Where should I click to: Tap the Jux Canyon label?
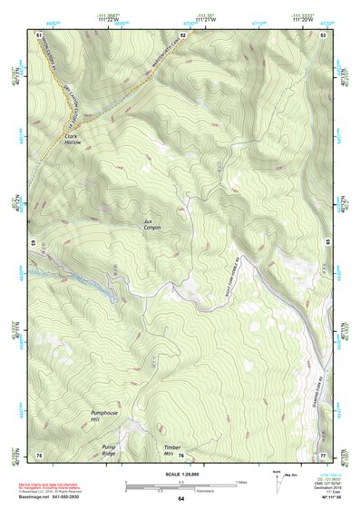151,224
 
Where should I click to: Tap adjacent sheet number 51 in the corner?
39,34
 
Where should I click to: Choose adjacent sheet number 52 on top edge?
182,34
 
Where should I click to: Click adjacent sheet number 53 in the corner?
323,34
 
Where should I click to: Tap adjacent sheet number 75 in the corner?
39,454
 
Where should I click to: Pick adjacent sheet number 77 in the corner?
323,454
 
